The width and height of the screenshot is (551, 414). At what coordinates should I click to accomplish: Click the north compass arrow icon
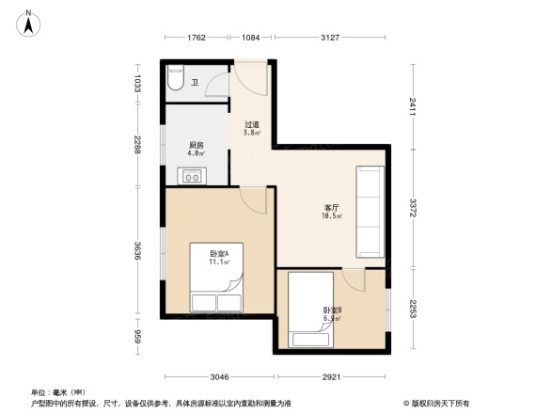[29, 21]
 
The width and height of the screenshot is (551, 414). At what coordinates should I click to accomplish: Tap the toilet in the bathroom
[176, 81]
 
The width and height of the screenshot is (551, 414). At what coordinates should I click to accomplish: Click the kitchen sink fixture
[194, 175]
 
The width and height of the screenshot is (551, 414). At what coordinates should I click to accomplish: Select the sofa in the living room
[370, 212]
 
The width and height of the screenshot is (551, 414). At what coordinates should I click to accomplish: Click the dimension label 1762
[195, 38]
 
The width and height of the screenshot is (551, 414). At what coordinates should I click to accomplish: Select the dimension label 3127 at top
[330, 38]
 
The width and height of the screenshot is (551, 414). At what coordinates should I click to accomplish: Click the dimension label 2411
[413, 104]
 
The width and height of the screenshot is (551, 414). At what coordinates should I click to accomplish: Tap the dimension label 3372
[413, 208]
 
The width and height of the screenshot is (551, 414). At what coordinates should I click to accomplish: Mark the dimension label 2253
[413, 310]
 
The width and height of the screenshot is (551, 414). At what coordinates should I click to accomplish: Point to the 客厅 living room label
[331, 210]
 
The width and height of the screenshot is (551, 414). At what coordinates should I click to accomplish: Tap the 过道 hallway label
[252, 126]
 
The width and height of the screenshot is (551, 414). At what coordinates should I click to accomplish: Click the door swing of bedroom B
[354, 279]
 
